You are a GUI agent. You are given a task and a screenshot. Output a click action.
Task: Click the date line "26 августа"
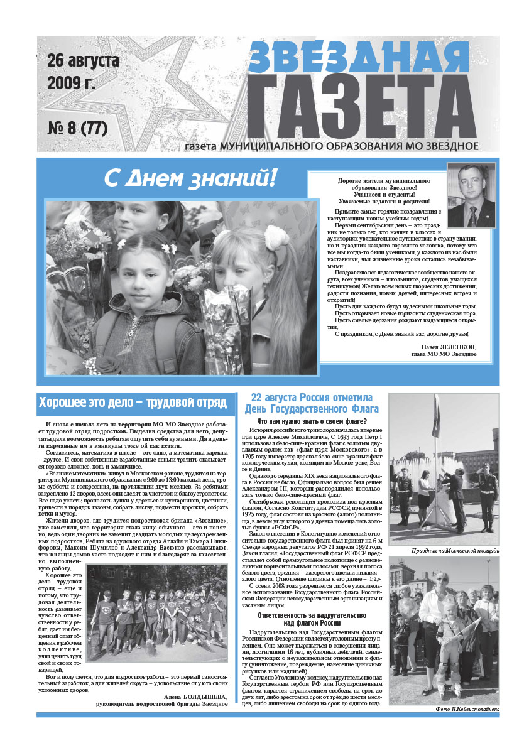coord(83,62)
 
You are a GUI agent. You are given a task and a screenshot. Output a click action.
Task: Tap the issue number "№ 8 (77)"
coord(78,129)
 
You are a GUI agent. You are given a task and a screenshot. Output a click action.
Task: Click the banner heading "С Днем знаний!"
coord(190,179)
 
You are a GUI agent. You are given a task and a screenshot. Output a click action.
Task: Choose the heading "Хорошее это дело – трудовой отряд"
coord(132,403)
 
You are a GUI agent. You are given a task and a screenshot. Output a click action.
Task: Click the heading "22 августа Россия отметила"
coord(312,398)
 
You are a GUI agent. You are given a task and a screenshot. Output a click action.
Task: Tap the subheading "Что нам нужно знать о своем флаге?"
coord(312,421)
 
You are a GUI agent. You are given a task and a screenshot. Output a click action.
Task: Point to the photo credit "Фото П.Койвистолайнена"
coord(467,708)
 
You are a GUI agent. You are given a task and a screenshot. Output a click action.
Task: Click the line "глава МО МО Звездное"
coord(444,354)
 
